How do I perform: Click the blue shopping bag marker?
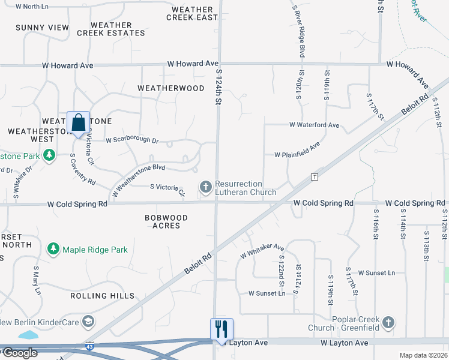click(79, 123)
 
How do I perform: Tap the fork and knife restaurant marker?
click(221, 329)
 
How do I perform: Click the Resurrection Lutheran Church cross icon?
click(205, 188)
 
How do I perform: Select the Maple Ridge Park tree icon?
click(53, 248)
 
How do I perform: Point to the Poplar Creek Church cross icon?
click(388, 323)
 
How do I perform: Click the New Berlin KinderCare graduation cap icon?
click(88, 322)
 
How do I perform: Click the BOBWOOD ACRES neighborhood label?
click(166, 221)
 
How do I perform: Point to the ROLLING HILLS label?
click(102, 296)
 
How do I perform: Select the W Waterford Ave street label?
click(314, 125)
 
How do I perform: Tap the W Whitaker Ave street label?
click(262, 251)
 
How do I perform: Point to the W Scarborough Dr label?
click(131, 140)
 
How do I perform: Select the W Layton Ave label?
click(343, 343)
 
